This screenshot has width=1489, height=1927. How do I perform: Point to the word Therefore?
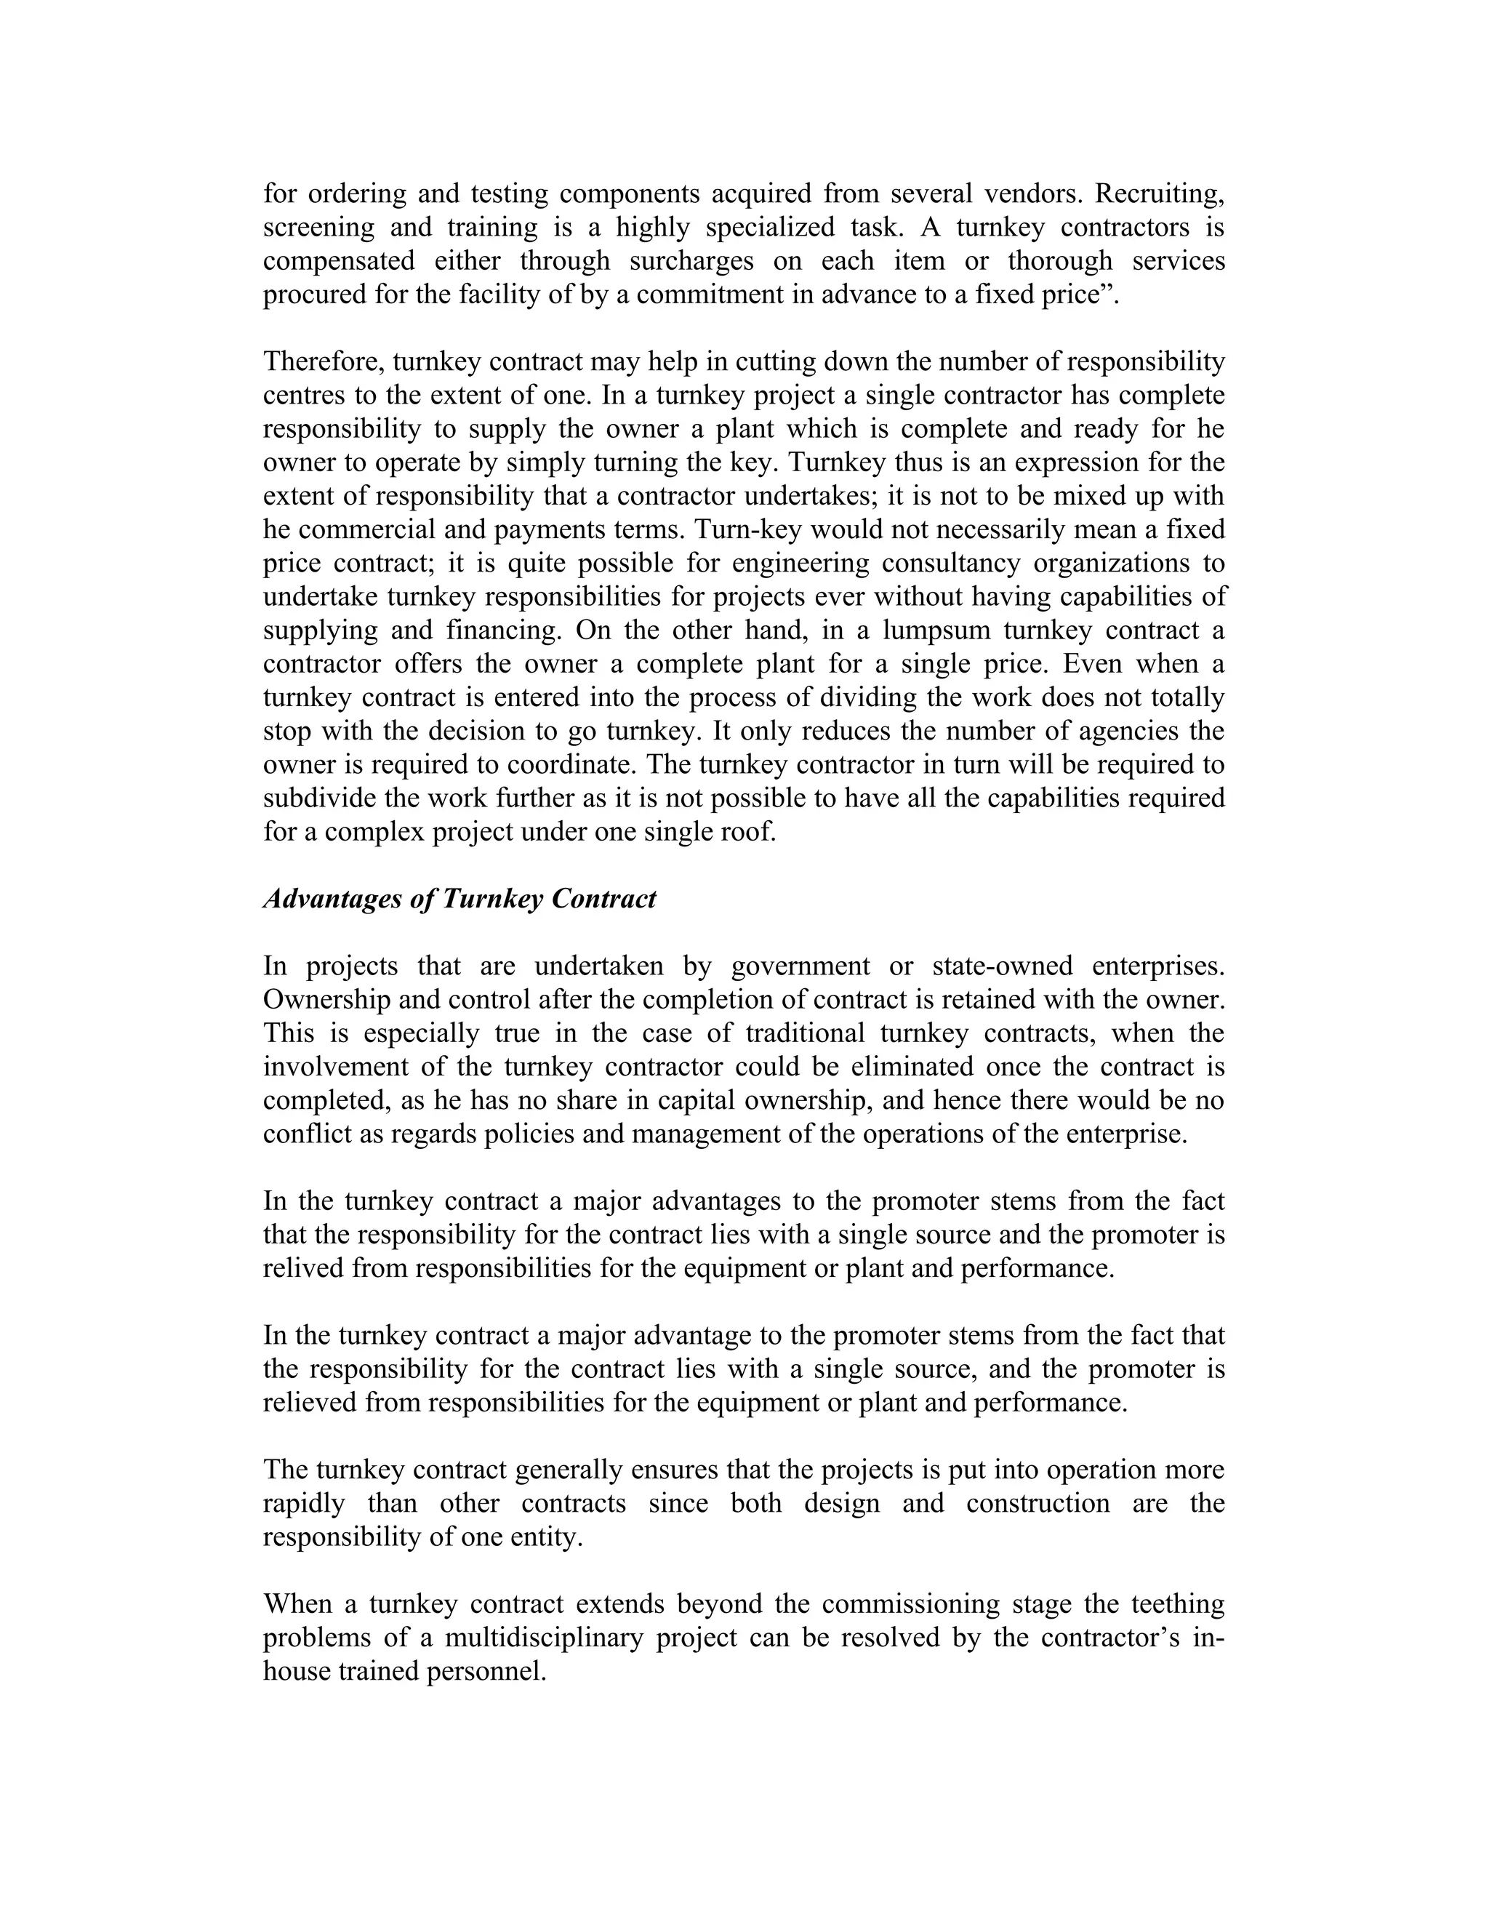(x=323, y=361)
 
